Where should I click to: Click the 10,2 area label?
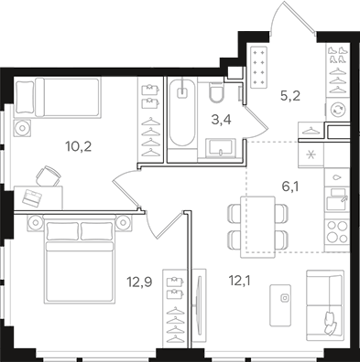click(78, 147)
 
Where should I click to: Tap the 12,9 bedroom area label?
click(139, 282)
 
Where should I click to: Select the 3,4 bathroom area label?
click(221, 120)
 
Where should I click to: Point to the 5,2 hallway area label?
click(290, 96)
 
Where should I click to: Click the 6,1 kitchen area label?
click(290, 186)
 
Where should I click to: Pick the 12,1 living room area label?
click(240, 281)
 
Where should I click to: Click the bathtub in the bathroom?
click(182, 113)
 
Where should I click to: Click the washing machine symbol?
click(338, 109)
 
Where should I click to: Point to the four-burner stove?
click(337, 232)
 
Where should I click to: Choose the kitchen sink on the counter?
click(337, 199)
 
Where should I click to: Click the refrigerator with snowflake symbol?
click(311, 154)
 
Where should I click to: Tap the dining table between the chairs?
click(257, 227)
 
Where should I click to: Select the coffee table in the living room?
click(280, 305)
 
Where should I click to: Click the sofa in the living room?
click(325, 304)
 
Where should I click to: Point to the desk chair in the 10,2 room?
click(49, 176)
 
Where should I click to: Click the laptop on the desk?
click(31, 197)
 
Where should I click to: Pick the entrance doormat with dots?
click(258, 67)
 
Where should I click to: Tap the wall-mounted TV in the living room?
click(199, 305)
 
